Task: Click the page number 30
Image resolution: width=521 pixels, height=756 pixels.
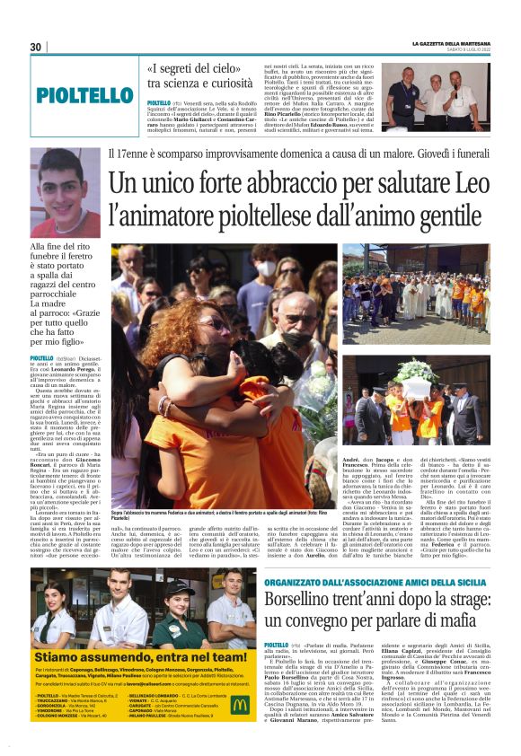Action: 35,47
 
